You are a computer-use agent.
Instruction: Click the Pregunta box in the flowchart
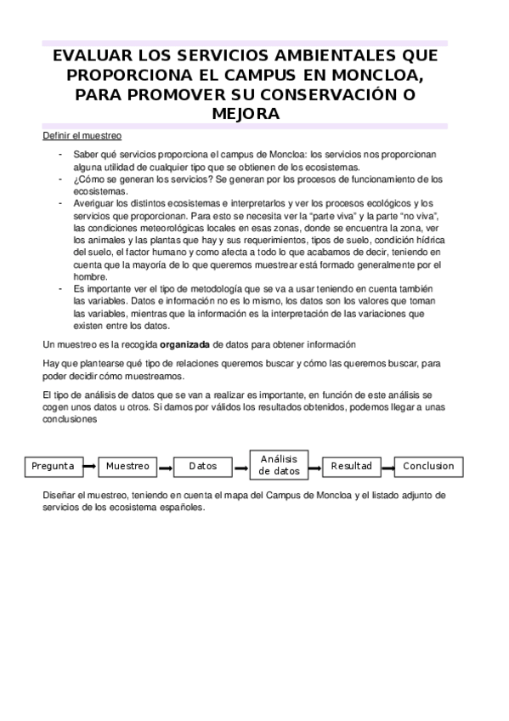[53, 466]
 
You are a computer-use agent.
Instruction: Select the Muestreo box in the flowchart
[127, 466]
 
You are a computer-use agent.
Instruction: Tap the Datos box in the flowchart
[202, 466]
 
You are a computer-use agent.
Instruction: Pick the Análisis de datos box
[280, 464]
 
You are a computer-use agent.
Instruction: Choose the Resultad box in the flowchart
[352, 466]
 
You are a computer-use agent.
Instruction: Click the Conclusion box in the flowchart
[428, 466]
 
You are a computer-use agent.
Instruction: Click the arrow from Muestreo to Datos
[164, 466]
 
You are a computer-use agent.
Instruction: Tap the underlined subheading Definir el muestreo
[82, 135]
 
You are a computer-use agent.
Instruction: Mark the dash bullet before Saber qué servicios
[60, 154]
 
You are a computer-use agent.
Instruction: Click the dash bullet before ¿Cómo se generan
[60, 179]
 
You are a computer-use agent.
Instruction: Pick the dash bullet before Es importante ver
[60, 288]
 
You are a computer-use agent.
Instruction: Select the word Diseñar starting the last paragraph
[60, 494]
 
